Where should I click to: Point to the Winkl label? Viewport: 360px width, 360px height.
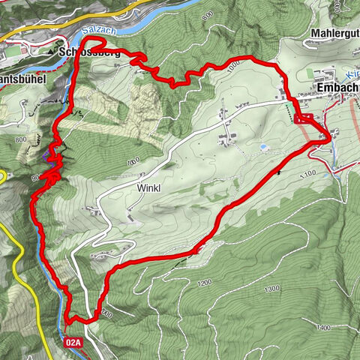(149, 187)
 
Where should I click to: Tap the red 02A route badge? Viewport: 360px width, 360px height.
(73, 342)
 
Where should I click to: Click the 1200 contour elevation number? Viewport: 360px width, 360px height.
(202, 283)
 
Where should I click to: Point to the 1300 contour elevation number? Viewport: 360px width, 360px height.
(271, 289)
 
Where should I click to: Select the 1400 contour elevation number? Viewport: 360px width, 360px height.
(323, 328)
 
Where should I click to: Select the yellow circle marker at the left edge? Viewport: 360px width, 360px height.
(3, 175)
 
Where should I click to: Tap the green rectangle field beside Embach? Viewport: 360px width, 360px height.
(308, 73)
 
